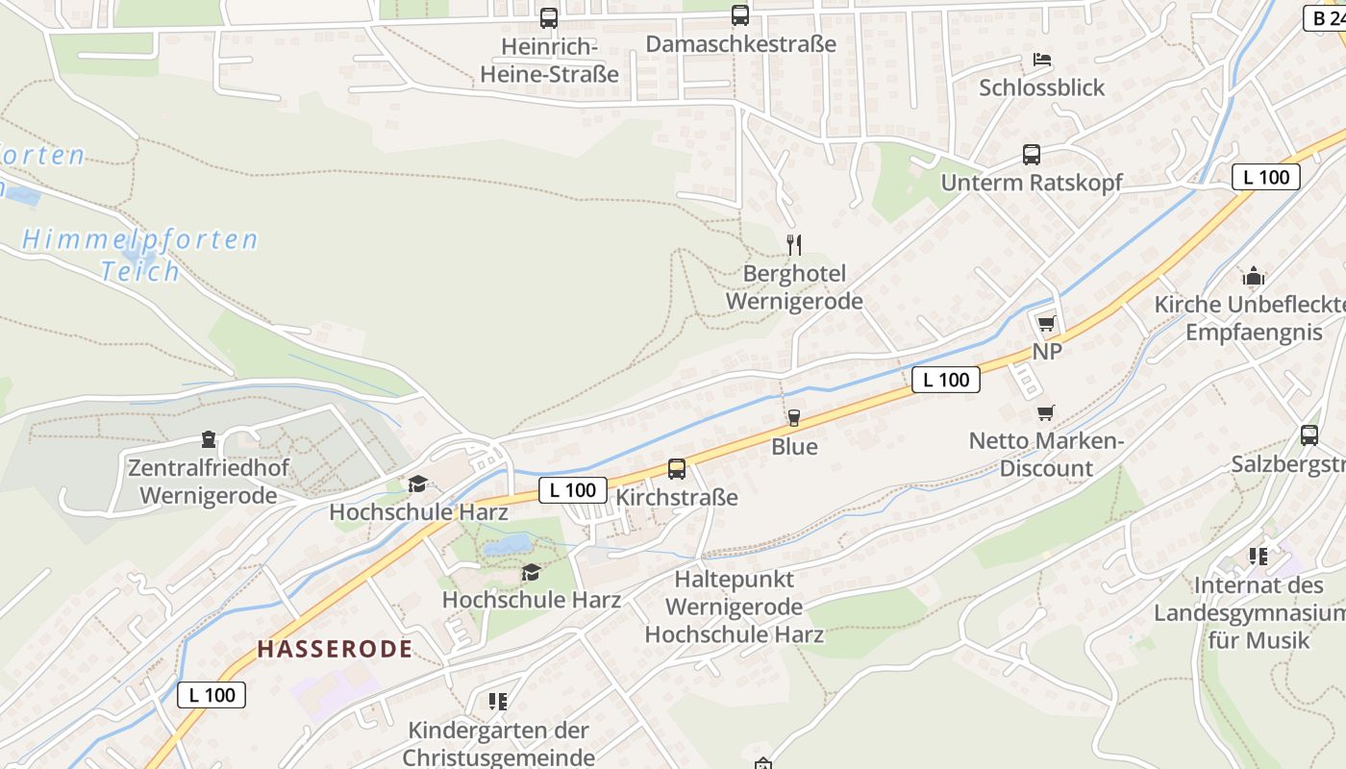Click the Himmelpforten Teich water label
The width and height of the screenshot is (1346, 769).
(140, 255)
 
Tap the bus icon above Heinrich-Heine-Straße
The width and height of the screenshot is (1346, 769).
(549, 17)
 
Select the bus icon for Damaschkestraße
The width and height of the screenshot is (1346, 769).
(739, 14)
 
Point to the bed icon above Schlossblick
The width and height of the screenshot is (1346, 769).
(1042, 60)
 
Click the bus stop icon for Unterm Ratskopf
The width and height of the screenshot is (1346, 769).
(1032, 154)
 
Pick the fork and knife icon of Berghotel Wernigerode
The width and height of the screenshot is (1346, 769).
(793, 244)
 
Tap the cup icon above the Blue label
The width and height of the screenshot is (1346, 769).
(794, 418)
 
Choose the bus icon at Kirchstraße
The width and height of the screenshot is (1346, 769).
(677, 469)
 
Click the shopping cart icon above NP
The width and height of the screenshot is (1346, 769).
(1047, 323)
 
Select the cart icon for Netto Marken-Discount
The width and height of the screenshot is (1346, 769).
(1046, 413)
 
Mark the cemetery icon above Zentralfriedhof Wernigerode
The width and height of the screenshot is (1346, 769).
(208, 440)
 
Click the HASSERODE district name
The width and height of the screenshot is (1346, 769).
(335, 649)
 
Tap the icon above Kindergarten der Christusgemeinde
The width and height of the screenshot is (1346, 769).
(497, 702)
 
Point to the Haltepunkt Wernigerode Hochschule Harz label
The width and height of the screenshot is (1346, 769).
(735, 607)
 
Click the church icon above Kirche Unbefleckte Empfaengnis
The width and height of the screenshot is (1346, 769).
(1254, 277)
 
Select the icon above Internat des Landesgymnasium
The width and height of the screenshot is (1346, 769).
(1259, 556)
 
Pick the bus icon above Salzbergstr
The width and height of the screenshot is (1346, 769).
(1309, 434)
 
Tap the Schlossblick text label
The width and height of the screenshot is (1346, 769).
(1042, 87)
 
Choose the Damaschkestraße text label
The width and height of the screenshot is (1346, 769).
(741, 43)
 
